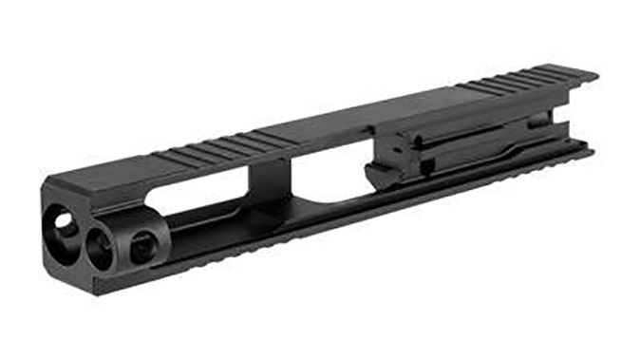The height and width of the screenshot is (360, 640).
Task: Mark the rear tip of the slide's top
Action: (x=593, y=71)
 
